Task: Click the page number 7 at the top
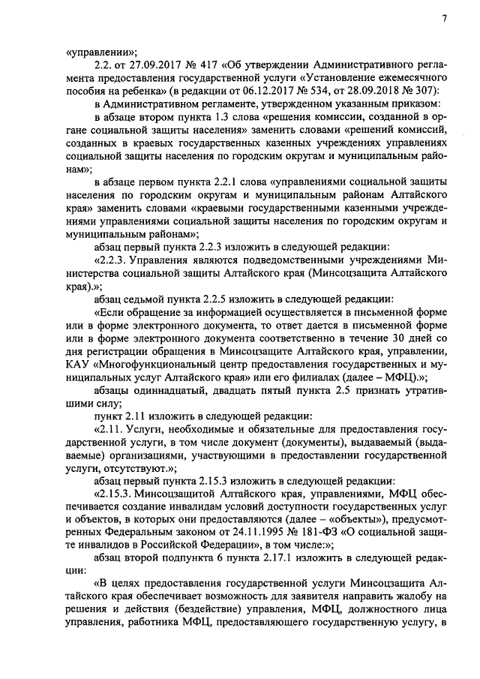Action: [444, 18]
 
